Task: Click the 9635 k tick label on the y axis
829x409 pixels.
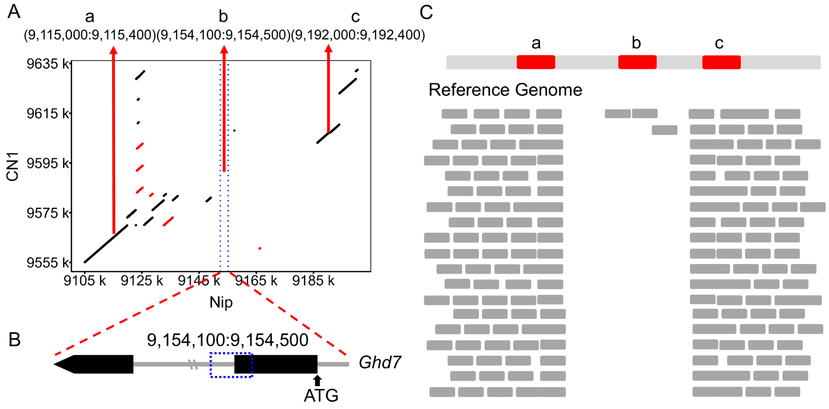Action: coord(48,64)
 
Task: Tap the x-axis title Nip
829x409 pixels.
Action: coord(221,302)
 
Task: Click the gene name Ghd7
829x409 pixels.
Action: coord(379,362)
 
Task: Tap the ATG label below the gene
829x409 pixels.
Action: coord(321,395)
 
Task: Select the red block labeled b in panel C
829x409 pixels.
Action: coord(637,62)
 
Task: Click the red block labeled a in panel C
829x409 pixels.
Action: coord(536,62)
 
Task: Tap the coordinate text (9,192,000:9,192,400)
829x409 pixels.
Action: coord(358,35)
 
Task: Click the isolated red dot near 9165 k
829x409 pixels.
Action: coord(260,248)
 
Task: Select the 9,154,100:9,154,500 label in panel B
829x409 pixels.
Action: coord(228,340)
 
